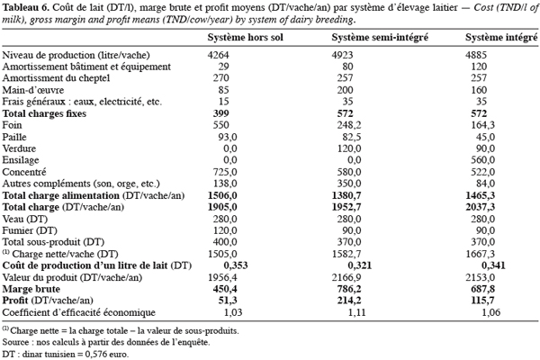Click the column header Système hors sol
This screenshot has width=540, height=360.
[x=245, y=37]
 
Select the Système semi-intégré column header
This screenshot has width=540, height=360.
[x=380, y=37]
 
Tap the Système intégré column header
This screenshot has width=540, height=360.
[x=501, y=37]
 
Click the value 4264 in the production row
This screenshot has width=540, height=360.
[x=218, y=55]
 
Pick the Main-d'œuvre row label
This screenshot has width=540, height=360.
[x=33, y=90]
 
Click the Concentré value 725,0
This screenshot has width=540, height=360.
[x=225, y=172]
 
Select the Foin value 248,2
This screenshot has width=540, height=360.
[x=349, y=125]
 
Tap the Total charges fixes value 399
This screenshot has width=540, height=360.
[x=220, y=113]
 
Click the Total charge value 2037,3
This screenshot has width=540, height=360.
[x=481, y=207]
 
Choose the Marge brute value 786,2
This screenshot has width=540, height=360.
[x=349, y=289]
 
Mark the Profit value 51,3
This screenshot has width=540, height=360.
[x=228, y=301]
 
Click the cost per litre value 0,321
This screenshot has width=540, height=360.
[x=360, y=265]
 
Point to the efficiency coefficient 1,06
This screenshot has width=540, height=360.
[x=491, y=312]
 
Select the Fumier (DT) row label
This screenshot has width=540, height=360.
[x=30, y=230]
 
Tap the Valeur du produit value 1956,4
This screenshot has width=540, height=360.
[x=222, y=277]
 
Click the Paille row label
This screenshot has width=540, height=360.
[x=14, y=137]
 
